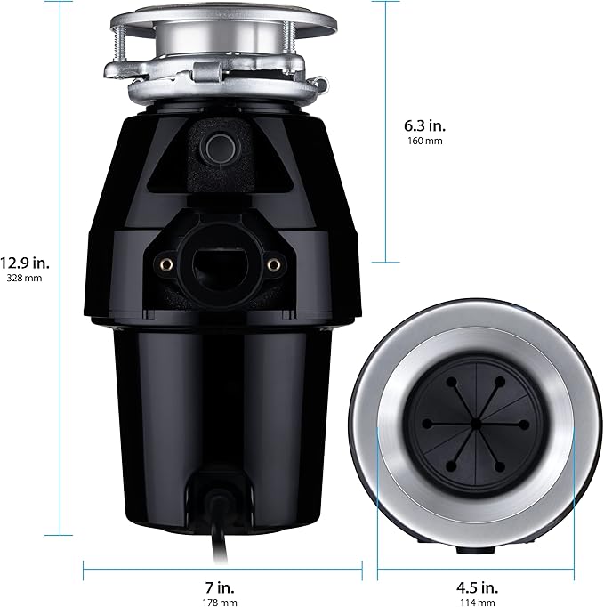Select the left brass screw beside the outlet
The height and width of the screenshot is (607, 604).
(165, 263)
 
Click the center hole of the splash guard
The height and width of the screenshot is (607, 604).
(476, 420)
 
